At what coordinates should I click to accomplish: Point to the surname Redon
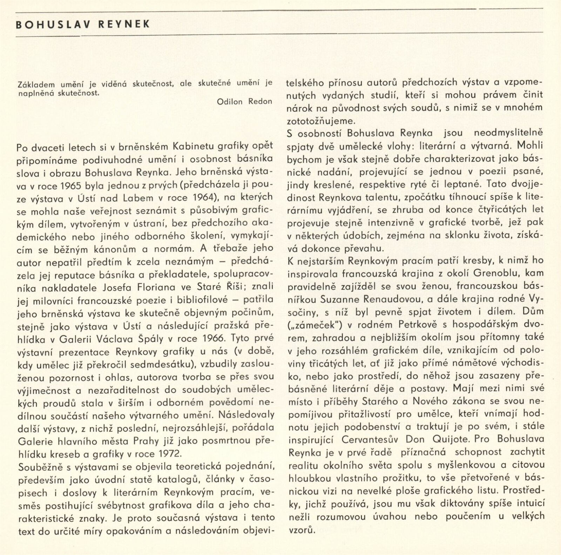pos(260,102)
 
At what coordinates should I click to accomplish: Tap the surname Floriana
pos(156,288)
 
